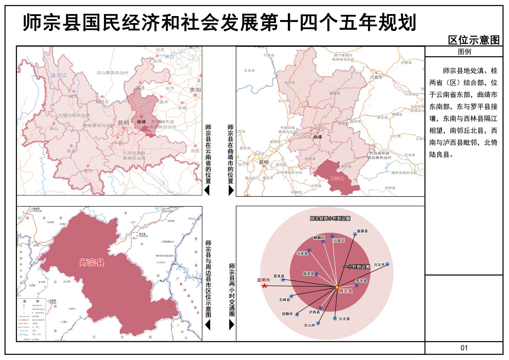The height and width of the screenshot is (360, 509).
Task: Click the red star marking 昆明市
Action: [264, 286]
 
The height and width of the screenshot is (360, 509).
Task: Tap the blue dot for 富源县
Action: [355, 234]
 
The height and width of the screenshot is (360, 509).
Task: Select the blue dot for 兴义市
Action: [387, 264]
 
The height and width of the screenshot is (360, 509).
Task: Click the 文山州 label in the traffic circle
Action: [309, 325]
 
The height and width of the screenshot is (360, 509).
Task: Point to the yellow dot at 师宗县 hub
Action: [337, 287]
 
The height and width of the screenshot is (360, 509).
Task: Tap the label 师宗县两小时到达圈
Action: [330, 218]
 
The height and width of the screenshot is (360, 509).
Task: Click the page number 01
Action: [464, 348]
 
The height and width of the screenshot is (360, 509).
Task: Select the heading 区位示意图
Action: [474, 40]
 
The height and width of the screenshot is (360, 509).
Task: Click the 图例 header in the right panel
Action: [464, 51]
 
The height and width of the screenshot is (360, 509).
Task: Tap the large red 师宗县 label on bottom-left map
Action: [92, 263]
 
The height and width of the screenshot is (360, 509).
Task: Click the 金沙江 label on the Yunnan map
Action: [59, 75]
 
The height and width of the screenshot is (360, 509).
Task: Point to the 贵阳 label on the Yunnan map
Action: [195, 90]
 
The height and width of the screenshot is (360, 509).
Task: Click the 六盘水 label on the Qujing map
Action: [376, 77]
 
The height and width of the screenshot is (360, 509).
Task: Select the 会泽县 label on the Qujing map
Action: [289, 82]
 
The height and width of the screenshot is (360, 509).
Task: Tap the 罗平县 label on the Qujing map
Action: [346, 167]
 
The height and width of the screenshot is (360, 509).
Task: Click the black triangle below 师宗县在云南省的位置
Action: [207, 190]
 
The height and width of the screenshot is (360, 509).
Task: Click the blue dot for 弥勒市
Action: [297, 314]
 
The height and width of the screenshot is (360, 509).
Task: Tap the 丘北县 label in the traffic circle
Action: [344, 319]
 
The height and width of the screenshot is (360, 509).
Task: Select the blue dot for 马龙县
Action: [309, 250]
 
